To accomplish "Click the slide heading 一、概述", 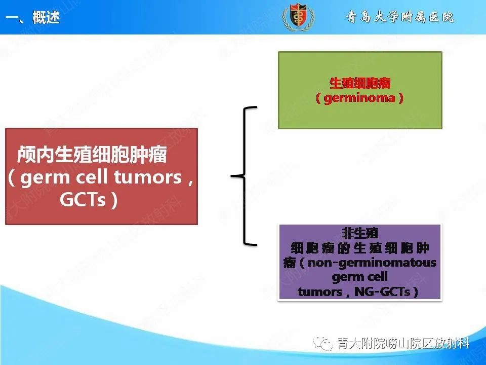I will tap(33, 18).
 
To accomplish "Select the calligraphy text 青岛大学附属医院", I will tap(399, 17).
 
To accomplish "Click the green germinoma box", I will tap(359, 90).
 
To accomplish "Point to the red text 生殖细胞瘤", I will tap(360, 83).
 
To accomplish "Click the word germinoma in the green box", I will tap(359, 98).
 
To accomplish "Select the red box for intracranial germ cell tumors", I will tap(101, 176).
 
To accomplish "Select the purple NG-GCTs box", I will tap(359, 262).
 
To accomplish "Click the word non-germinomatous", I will tap(372, 263).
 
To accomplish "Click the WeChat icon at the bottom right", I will tap(323, 344).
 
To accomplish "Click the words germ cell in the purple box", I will tap(359, 277).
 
